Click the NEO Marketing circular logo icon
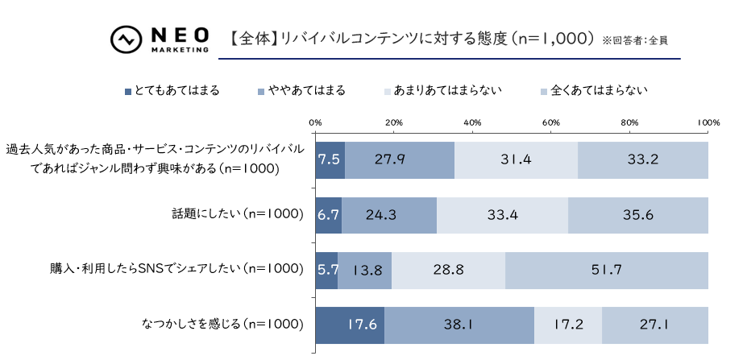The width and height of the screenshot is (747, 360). (126, 39)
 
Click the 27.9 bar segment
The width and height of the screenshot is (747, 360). (400, 159)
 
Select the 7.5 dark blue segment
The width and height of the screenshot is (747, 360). (330, 159)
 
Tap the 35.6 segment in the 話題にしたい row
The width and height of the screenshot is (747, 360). (638, 214)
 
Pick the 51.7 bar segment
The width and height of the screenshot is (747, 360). (607, 270)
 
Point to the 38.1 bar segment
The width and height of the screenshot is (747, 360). (459, 325)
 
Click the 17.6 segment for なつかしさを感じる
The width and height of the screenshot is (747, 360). (350, 325)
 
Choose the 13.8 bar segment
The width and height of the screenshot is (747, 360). (365, 270)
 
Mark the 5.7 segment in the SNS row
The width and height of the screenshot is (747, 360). (326, 270)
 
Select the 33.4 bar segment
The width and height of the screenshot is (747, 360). (503, 214)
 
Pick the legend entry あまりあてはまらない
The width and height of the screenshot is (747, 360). (444, 90)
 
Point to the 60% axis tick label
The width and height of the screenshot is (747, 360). (551, 122)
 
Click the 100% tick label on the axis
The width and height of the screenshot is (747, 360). (708, 122)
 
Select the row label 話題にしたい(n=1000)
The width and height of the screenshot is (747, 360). (238, 214)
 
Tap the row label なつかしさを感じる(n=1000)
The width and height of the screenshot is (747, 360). (222, 325)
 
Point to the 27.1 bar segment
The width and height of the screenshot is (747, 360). (655, 325)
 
